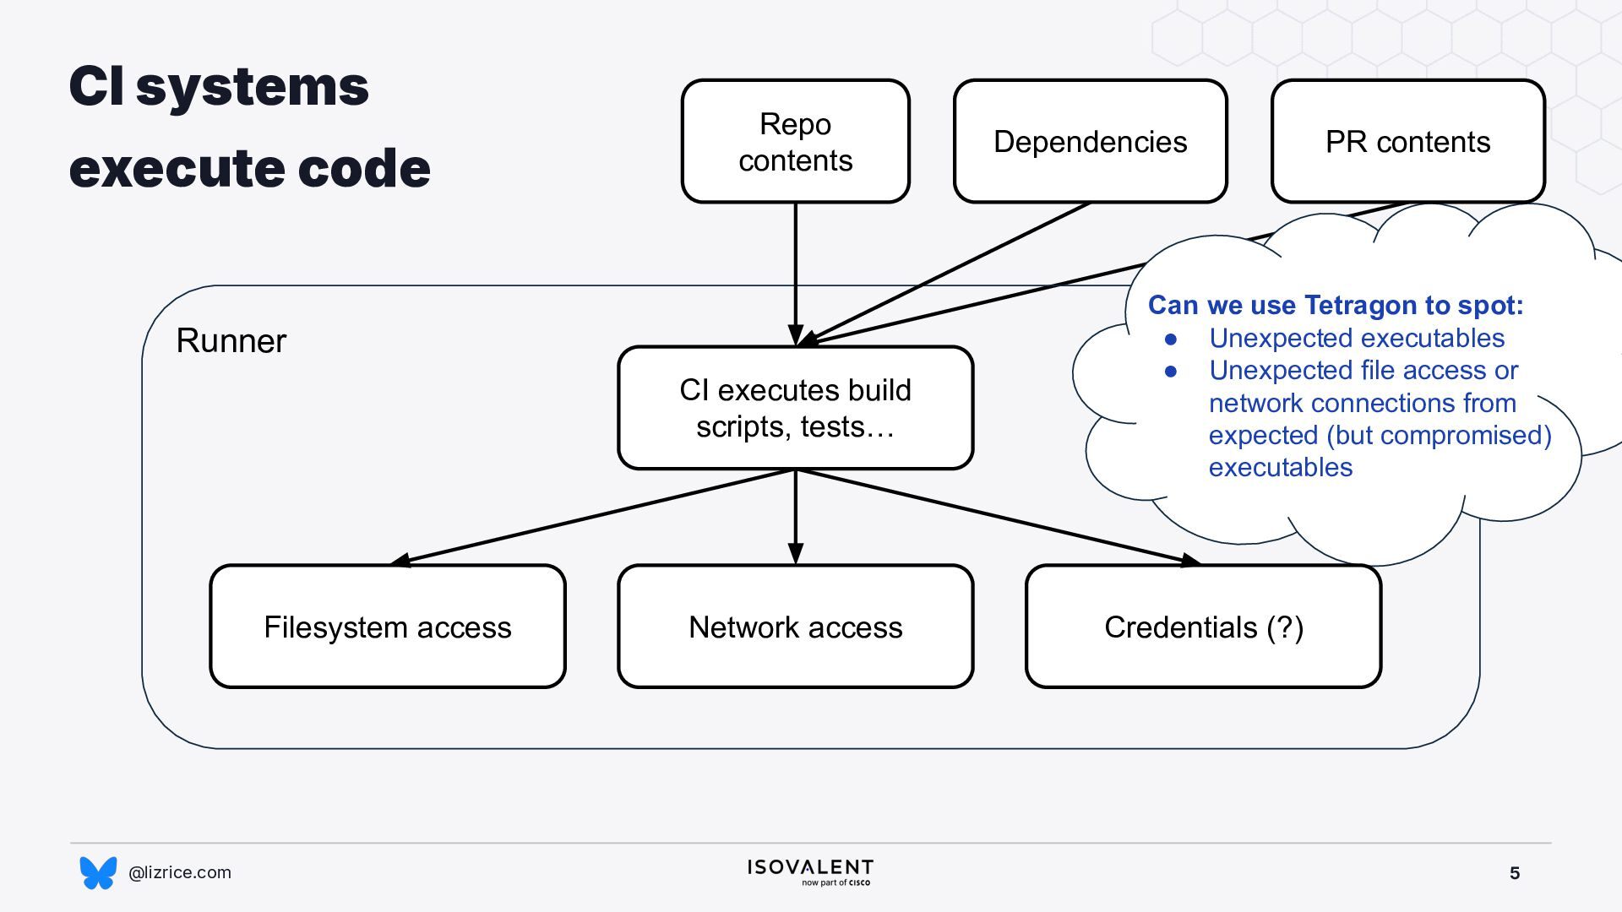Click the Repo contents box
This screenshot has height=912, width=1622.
click(x=795, y=141)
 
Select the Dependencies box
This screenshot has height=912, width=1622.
click(x=1090, y=141)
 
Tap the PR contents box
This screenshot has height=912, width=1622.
click(x=1407, y=141)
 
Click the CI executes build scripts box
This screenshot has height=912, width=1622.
click(x=795, y=408)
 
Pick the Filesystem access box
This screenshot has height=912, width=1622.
click(x=388, y=627)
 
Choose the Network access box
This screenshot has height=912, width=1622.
click(x=795, y=627)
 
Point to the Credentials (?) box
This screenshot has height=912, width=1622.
click(x=1204, y=627)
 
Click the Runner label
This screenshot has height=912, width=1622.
click(x=231, y=341)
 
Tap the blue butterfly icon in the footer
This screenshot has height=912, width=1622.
click(x=98, y=872)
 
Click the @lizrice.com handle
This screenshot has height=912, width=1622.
click(x=179, y=872)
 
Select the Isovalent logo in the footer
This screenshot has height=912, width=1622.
click(x=810, y=872)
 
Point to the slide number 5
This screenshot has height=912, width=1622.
click(x=1515, y=873)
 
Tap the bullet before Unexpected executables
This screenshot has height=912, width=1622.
click(x=1171, y=339)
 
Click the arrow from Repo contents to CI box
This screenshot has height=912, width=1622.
click(x=795, y=274)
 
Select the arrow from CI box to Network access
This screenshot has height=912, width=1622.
click(x=795, y=517)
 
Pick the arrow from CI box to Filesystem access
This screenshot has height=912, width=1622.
click(x=592, y=517)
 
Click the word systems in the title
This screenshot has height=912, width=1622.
click(x=252, y=87)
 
